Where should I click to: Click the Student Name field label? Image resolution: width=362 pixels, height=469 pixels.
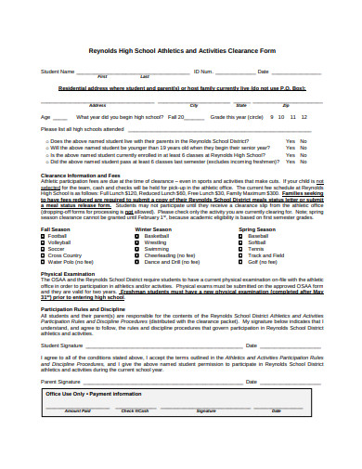click(x=58, y=71)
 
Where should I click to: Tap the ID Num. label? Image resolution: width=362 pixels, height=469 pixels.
click(x=203, y=71)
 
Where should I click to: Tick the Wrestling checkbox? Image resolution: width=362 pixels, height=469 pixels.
click(x=138, y=243)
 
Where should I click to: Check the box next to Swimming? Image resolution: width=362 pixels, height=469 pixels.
click(x=138, y=250)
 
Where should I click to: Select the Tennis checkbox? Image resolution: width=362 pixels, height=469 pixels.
click(x=243, y=250)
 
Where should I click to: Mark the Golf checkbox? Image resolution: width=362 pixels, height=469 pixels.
click(x=243, y=263)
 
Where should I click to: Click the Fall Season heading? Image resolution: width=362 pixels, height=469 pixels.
click(x=56, y=229)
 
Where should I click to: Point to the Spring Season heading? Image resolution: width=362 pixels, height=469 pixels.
click(x=256, y=229)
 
